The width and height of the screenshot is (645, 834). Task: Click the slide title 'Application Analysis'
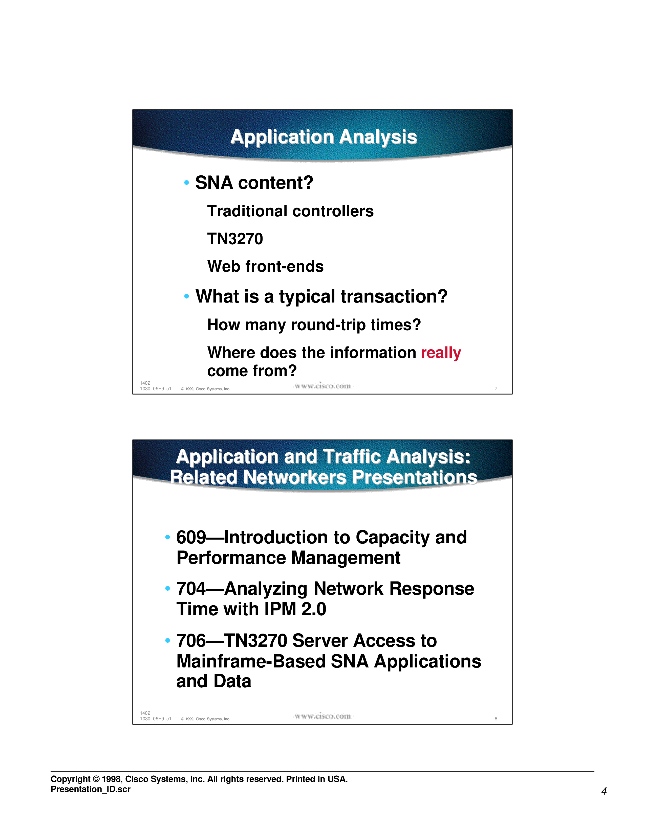[x=324, y=137]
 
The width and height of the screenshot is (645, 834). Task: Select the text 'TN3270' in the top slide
[x=235, y=239]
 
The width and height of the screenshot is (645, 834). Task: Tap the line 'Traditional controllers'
[x=290, y=211]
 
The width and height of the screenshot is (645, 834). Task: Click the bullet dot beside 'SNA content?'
[x=186, y=182]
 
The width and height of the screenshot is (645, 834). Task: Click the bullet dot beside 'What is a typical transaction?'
[x=186, y=296]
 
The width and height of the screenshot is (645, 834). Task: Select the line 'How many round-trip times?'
[x=314, y=325]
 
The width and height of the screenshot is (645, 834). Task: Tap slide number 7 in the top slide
[x=496, y=389]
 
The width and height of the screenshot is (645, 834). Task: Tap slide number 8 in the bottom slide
[x=496, y=719]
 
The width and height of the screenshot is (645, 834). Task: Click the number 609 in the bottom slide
[x=191, y=537]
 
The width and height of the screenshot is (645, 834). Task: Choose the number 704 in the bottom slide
[x=191, y=588]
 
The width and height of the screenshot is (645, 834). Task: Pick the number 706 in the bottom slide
[x=191, y=640]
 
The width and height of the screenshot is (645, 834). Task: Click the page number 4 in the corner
[x=604, y=791]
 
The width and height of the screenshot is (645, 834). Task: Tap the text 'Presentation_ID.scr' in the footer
[x=91, y=789]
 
